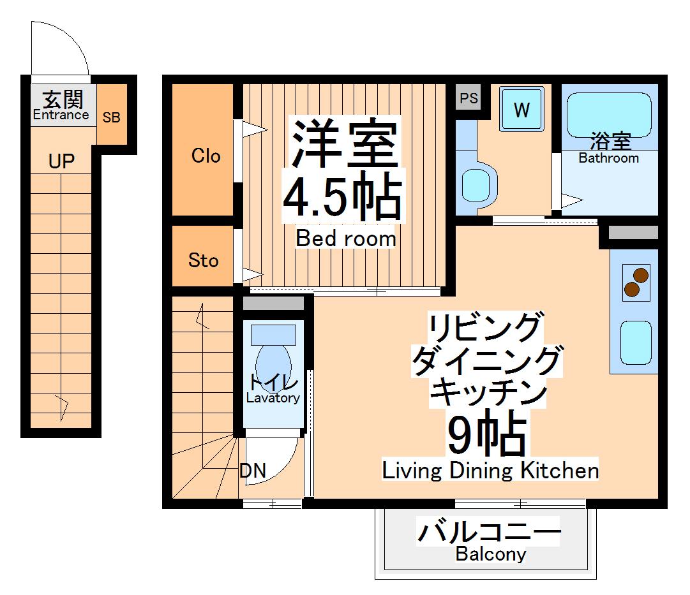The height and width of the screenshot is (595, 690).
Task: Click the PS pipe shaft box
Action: [469, 98]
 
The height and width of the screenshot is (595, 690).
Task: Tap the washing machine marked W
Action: [521, 110]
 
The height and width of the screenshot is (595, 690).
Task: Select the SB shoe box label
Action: [112, 118]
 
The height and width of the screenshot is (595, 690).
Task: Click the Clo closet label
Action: [206, 156]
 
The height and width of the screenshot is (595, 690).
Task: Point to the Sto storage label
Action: [204, 260]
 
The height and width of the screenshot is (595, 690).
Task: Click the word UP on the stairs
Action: [61, 161]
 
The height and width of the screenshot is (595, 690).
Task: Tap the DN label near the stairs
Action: [253, 471]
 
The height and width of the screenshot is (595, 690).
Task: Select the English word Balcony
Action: [490, 554]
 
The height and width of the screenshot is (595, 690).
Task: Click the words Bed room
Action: [346, 239]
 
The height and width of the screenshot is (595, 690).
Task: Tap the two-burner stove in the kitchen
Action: [636, 283]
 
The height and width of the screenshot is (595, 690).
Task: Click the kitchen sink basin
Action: [636, 343]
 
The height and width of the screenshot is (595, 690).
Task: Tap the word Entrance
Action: [61, 115]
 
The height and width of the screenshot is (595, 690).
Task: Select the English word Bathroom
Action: [608, 158]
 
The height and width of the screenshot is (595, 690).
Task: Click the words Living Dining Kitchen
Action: [490, 471]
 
